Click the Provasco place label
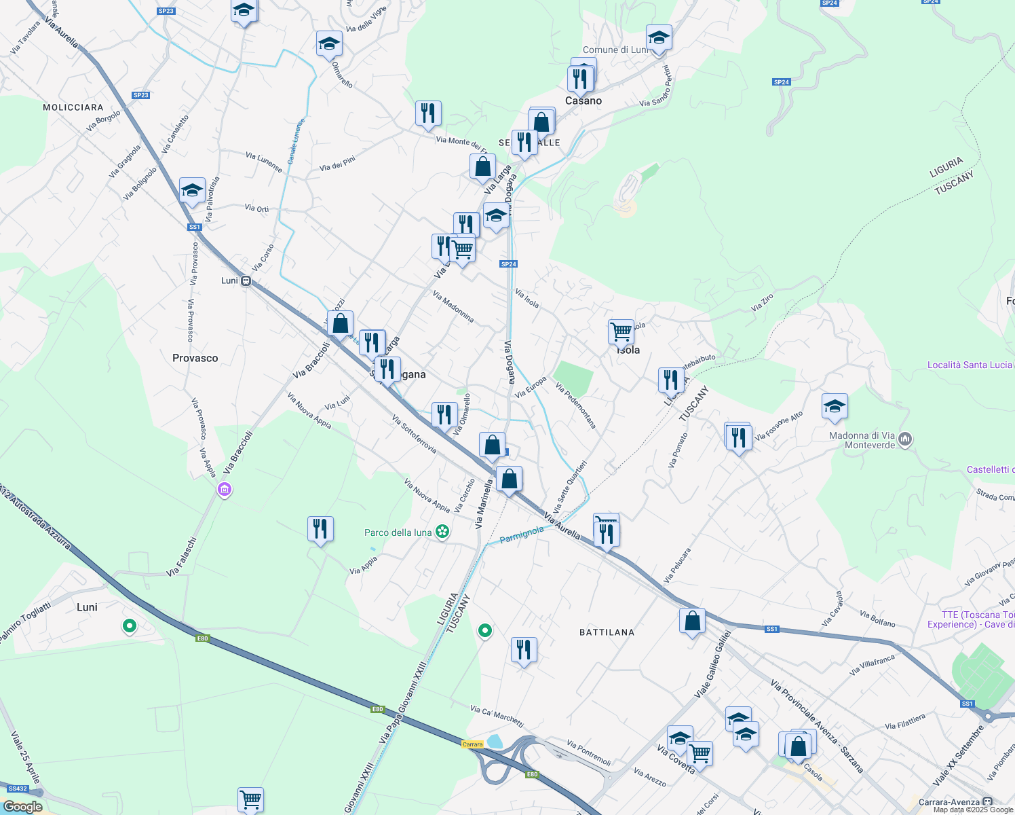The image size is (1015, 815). (195, 358)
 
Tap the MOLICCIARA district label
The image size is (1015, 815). (73, 107)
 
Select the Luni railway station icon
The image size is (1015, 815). (246, 280)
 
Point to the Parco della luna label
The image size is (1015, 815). (398, 532)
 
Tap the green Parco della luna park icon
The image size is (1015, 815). (442, 532)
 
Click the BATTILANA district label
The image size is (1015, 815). (607, 632)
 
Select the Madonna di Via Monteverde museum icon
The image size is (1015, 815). (905, 440)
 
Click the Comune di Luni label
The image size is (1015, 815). (615, 50)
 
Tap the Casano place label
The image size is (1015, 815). (583, 101)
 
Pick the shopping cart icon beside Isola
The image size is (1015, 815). (621, 332)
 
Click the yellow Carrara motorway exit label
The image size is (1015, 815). (472, 744)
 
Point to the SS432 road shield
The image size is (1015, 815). (17, 789)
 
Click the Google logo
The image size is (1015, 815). (22, 807)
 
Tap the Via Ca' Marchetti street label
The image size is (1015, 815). (497, 716)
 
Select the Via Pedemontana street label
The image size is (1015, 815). (575, 406)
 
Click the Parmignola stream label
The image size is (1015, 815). (521, 535)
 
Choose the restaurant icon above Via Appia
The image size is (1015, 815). (320, 528)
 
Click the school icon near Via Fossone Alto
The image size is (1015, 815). (834, 406)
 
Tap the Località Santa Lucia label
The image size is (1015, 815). (970, 365)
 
